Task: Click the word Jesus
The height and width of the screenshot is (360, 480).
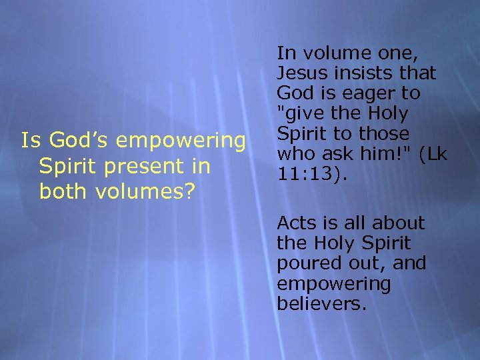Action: tap(301, 72)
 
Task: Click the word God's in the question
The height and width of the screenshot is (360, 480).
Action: tap(73, 141)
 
